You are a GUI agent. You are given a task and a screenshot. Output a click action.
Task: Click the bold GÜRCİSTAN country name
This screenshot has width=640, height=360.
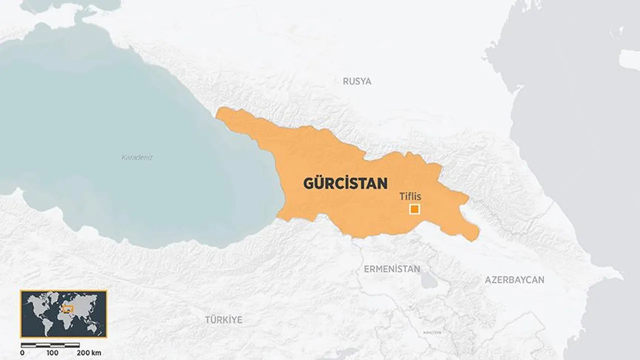[345, 183]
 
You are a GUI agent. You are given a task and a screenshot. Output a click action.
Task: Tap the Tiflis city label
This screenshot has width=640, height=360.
[410, 196]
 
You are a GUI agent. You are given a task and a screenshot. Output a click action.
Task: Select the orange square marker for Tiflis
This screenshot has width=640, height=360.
[414, 209]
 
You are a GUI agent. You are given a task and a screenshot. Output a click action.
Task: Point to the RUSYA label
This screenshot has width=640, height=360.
[357, 81]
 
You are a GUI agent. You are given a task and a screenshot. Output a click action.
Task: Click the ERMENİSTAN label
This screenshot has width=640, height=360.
[391, 269]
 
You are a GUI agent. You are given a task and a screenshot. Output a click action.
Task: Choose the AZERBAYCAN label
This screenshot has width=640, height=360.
[514, 280]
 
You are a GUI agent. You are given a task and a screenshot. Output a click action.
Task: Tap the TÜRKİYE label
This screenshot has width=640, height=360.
[223, 319]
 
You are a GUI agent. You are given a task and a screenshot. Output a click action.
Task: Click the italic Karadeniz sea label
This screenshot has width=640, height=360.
[137, 157]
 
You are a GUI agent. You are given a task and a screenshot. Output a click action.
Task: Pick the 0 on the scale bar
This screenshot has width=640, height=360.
[22, 352]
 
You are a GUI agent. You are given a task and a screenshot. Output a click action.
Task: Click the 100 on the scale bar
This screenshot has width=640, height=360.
[52, 352]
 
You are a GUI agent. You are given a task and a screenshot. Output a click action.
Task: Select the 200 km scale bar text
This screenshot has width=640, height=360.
[89, 352]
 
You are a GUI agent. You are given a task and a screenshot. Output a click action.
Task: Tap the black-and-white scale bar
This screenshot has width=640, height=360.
[50, 345]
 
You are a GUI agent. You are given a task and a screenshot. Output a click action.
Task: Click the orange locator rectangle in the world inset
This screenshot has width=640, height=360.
[68, 308]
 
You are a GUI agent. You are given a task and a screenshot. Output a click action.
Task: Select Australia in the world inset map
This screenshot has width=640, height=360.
[92, 326]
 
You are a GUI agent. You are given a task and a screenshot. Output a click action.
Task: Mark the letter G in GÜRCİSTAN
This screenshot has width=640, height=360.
[309, 183]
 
